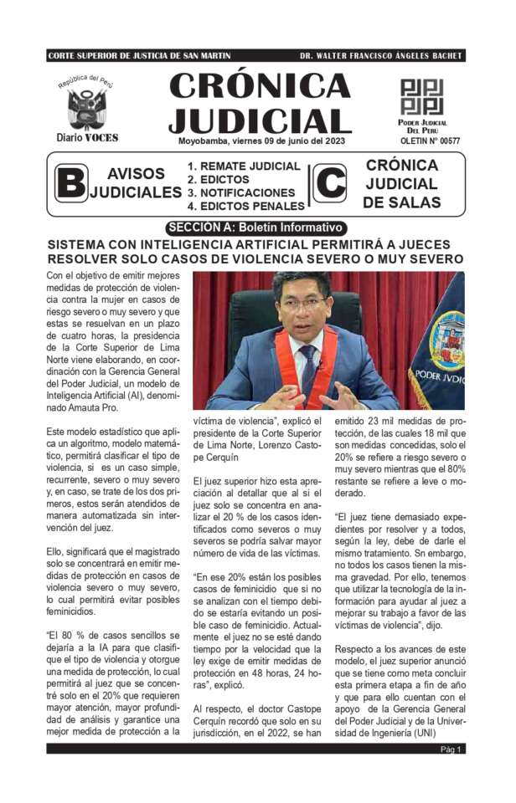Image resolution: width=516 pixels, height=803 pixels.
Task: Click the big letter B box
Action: [71, 183]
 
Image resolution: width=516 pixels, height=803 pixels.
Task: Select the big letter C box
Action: [331, 183]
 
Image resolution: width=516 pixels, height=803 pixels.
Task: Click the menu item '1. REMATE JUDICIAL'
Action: [243, 166]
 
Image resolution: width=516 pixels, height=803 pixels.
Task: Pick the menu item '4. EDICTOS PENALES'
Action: [245, 206]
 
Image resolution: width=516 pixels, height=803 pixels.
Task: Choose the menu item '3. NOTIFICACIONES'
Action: [240, 192]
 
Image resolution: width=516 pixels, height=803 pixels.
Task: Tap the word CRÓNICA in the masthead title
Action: [261, 86]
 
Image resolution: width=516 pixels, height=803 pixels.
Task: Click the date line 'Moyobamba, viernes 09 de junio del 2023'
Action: [261, 141]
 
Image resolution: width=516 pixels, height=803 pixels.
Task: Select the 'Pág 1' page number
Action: [451, 749]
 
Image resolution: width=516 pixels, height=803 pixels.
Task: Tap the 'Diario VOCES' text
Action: [87, 138]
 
